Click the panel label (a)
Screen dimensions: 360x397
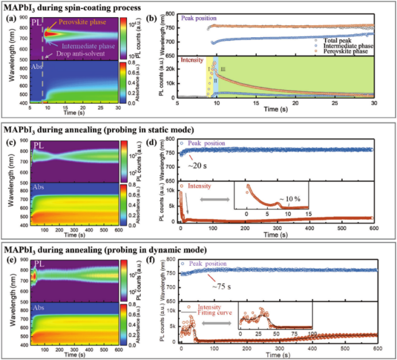[x=9, y=19]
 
